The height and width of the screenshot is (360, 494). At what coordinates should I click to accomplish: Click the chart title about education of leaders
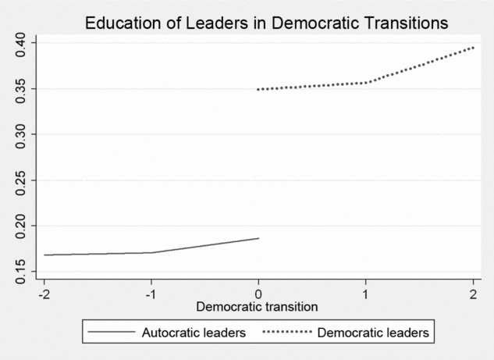tap(266, 23)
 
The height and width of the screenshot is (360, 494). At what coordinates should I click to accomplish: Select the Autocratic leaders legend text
tap(194, 332)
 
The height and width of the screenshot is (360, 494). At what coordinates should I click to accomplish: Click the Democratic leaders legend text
tap(374, 332)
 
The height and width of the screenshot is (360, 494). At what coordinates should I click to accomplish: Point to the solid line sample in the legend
tap(111, 332)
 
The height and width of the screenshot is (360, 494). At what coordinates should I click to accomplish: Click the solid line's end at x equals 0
tap(258, 238)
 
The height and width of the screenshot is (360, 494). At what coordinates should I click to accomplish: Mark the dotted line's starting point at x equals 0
tap(258, 89)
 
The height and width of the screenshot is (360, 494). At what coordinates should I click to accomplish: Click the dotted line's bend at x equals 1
tap(367, 82)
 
